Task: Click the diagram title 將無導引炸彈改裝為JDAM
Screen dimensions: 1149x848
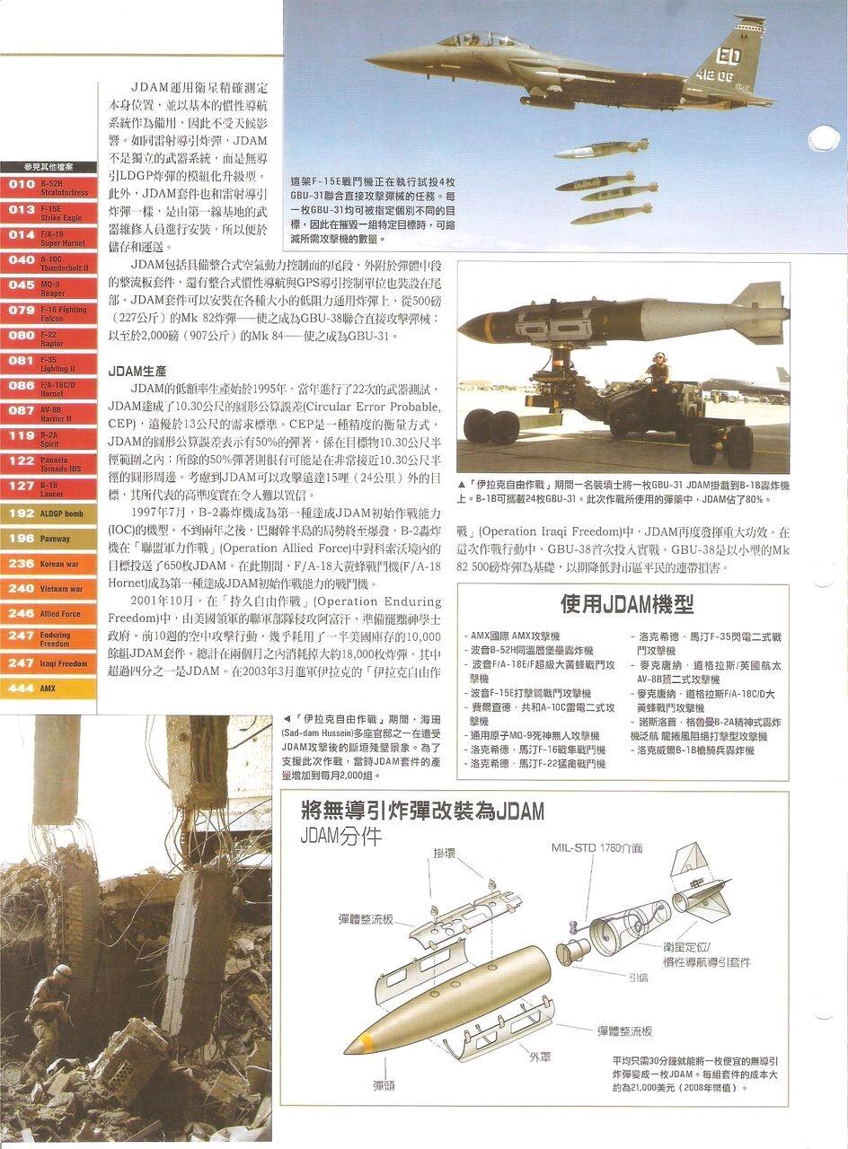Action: click(x=423, y=812)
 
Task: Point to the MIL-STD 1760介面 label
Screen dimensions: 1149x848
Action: click(x=596, y=847)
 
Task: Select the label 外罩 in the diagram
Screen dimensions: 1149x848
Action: click(x=540, y=1056)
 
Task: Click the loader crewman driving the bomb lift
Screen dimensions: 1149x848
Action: click(x=658, y=368)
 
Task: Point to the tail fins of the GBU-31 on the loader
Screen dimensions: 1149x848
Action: click(x=757, y=311)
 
